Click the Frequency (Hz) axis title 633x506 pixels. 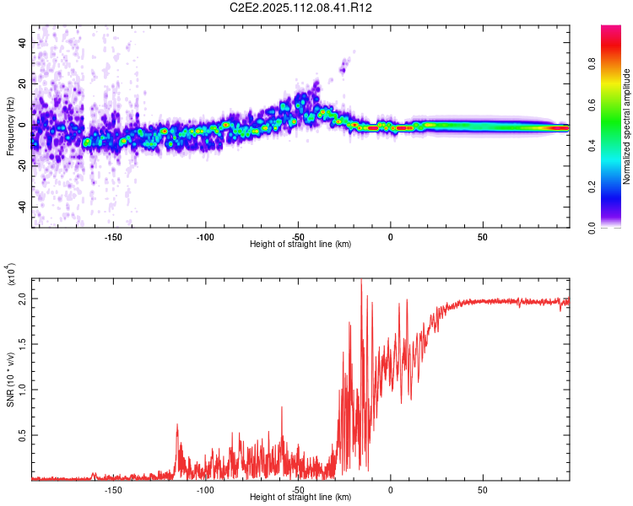[x=10, y=126]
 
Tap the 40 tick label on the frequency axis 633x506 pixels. [x=23, y=42]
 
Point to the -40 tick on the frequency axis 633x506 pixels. [x=23, y=207]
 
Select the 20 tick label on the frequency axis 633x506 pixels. [x=23, y=83]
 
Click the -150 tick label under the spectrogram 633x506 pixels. [x=112, y=237]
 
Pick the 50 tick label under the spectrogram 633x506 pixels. [x=482, y=237]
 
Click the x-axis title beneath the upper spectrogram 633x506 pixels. [x=300, y=245]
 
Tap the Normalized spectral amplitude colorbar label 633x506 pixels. [x=627, y=126]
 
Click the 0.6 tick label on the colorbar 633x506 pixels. [x=613, y=104]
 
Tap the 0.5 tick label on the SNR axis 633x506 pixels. [x=21, y=435]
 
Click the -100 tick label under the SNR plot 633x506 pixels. [x=205, y=490]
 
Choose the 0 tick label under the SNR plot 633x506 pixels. [x=390, y=490]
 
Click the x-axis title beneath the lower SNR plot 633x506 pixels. [x=300, y=498]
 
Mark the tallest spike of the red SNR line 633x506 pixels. [x=361, y=282]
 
